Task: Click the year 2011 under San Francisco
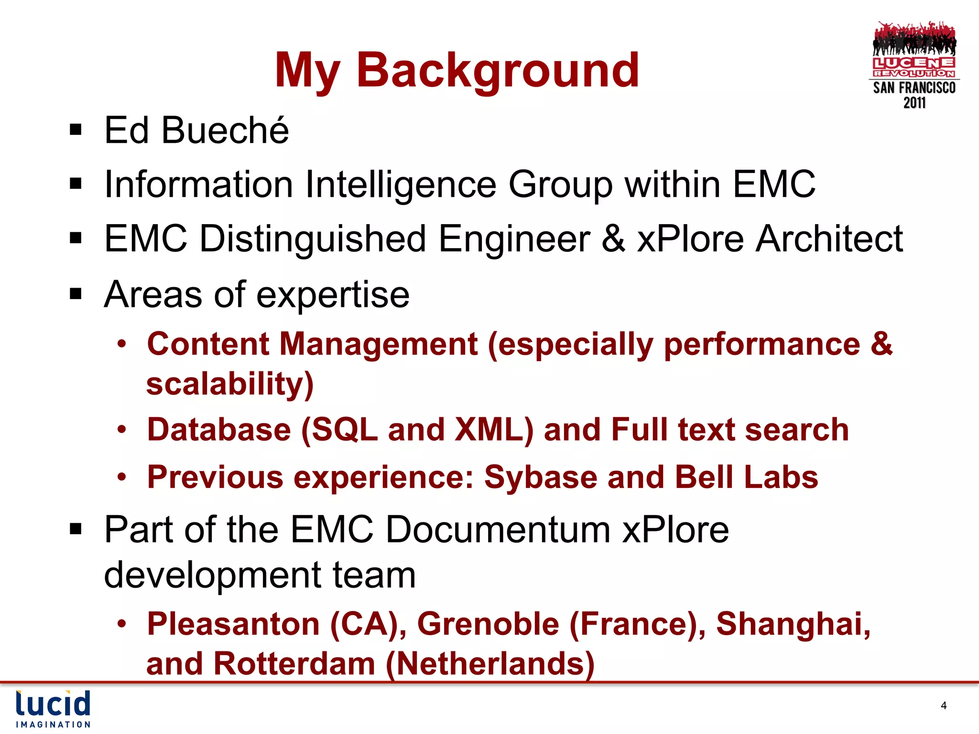pos(914,103)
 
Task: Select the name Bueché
pos(225,130)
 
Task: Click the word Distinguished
pos(313,239)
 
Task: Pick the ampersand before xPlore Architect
pos(613,239)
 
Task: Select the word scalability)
pos(230,384)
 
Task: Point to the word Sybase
pos(540,477)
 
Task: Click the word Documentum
pos(498,530)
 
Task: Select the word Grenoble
pos(488,624)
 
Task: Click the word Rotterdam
pos(294,664)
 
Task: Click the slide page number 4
pos(944,706)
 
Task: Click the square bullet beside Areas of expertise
pos(76,294)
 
